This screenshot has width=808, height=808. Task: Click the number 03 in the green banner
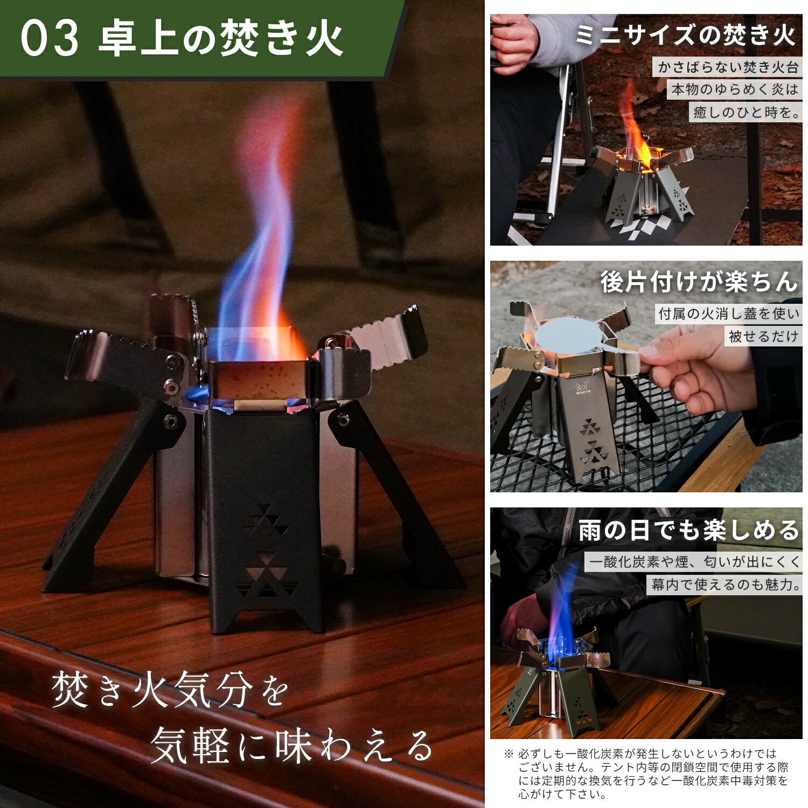click(x=50, y=38)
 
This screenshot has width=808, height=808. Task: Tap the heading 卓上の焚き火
click(x=221, y=38)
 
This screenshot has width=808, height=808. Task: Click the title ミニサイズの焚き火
click(x=685, y=36)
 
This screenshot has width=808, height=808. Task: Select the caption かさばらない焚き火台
click(x=728, y=67)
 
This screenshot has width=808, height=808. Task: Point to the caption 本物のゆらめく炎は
click(x=735, y=89)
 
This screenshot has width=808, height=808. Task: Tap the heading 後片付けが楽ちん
click(x=699, y=282)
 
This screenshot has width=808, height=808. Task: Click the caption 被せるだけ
click(x=763, y=337)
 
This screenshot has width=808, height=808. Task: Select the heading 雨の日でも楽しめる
click(x=689, y=531)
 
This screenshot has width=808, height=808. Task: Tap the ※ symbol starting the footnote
click(x=509, y=754)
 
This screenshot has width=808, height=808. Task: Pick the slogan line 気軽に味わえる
click(x=292, y=746)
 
